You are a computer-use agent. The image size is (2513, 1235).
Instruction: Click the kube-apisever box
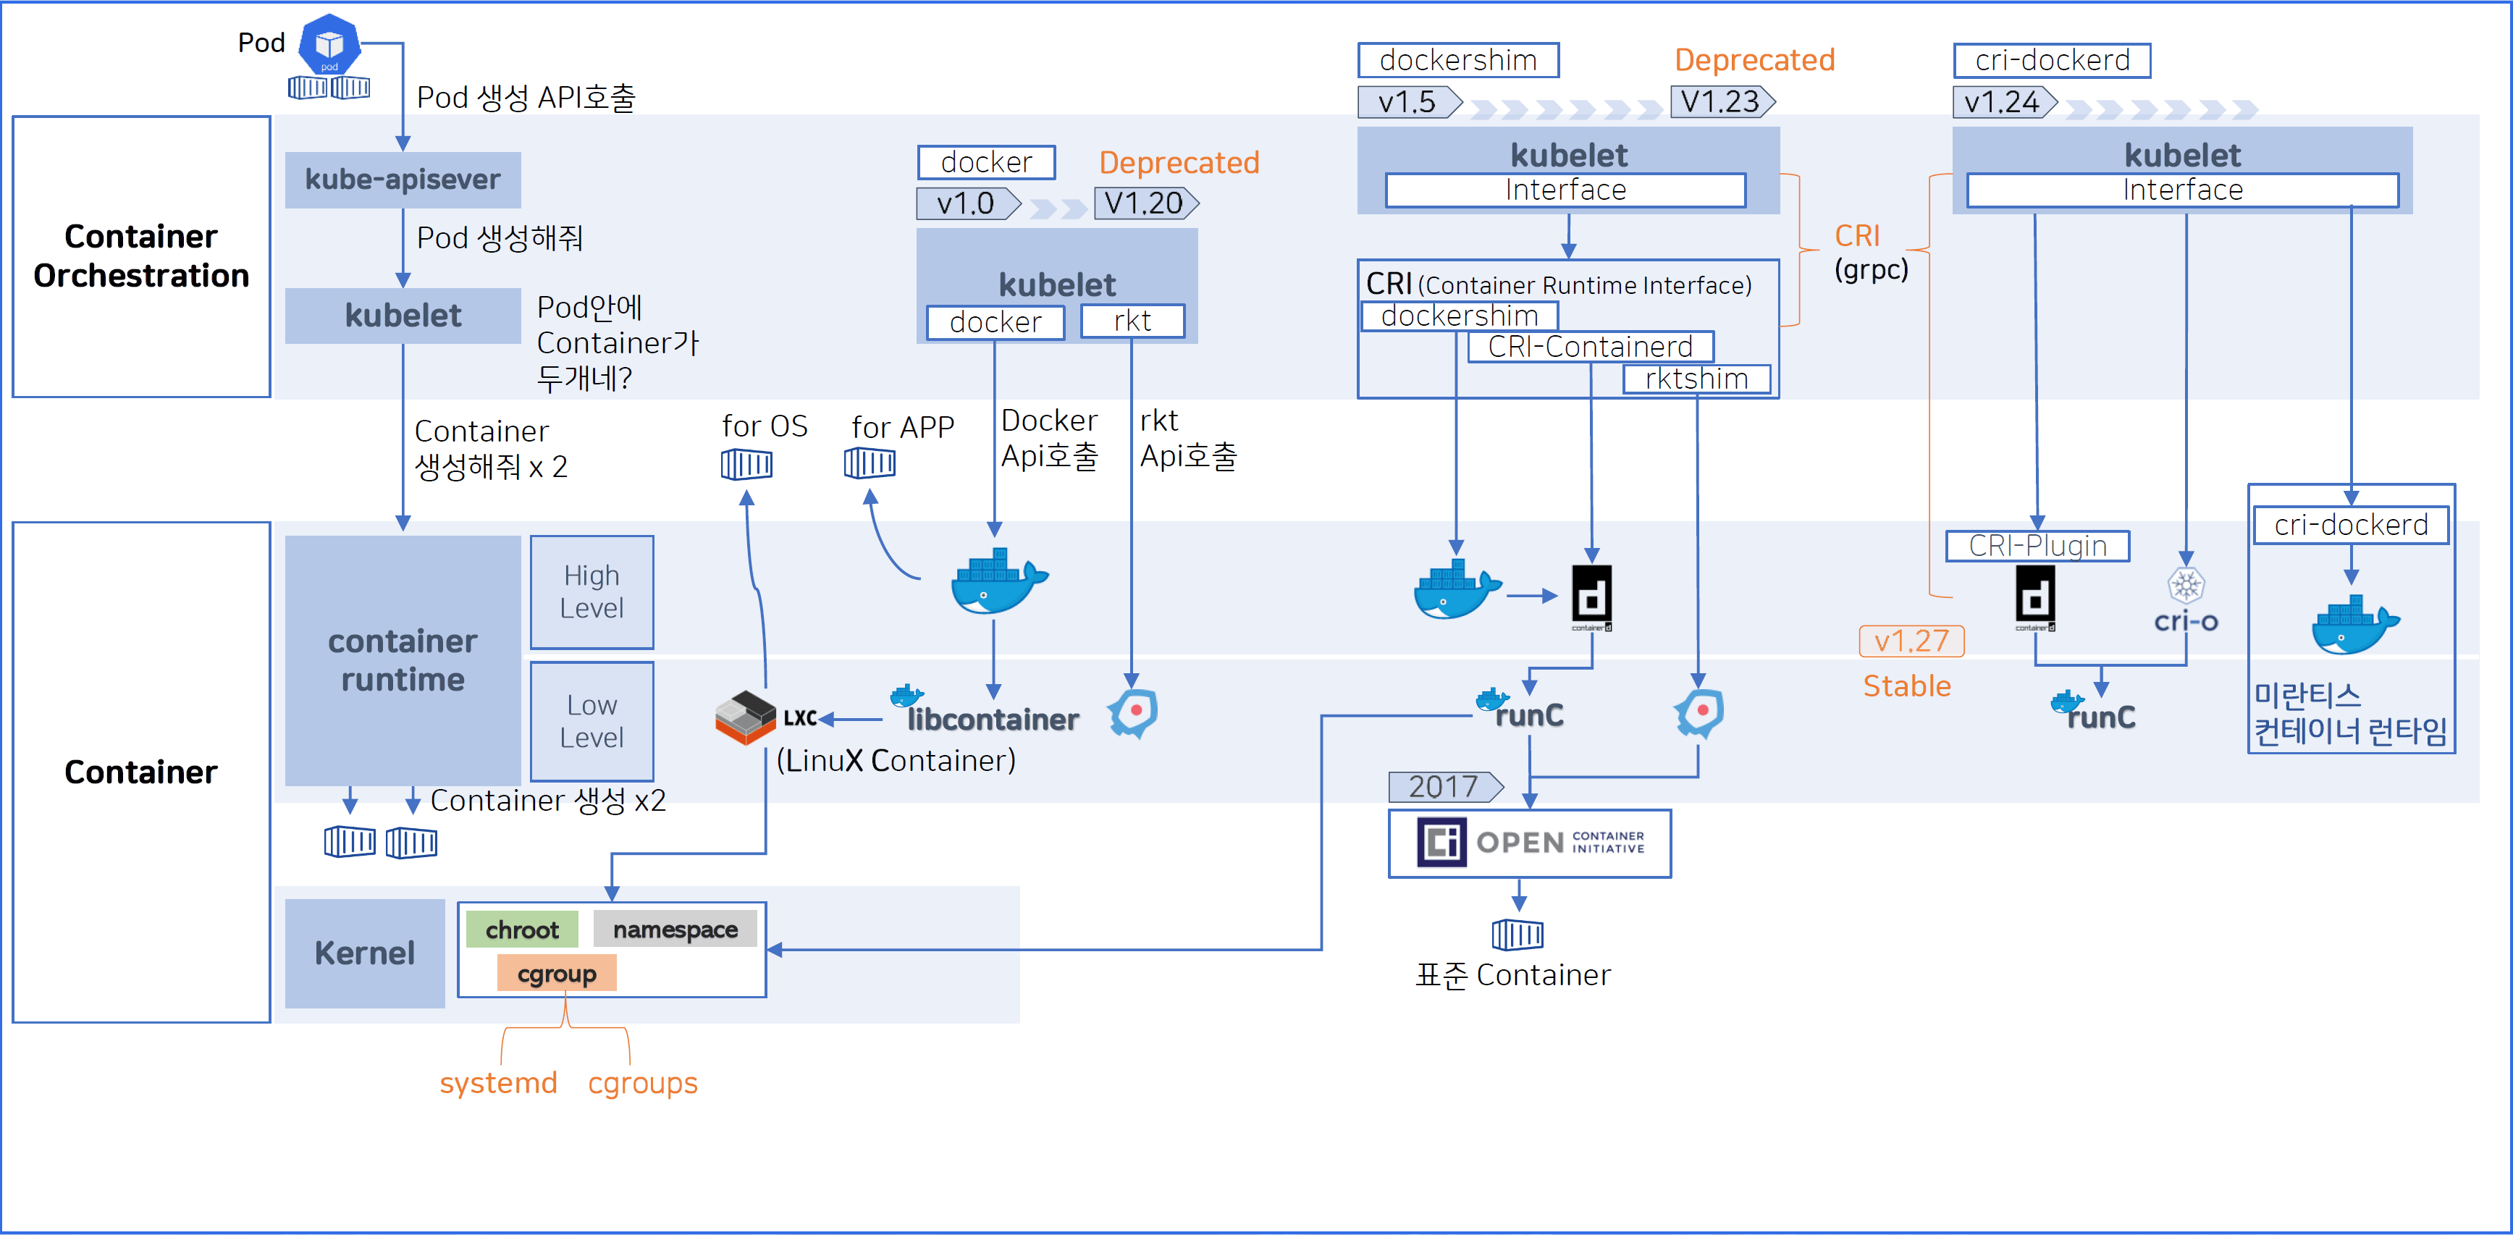click(x=402, y=180)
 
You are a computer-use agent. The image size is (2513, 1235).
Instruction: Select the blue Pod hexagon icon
click(x=329, y=44)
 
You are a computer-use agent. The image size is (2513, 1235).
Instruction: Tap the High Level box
click(x=592, y=591)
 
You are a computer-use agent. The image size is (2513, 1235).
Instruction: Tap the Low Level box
click(x=592, y=721)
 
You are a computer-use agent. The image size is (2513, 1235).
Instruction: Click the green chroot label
click(x=522, y=930)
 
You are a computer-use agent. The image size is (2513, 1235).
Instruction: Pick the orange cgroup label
click(x=556, y=974)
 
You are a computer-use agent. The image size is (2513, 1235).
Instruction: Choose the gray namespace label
click(x=675, y=930)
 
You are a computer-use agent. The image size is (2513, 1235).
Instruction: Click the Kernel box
click(x=364, y=953)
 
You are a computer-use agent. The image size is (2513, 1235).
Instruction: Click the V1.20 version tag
click(x=1143, y=203)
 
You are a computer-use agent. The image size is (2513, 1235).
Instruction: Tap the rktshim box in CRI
click(x=1696, y=379)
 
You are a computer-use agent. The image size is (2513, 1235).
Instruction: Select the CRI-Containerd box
click(x=1589, y=346)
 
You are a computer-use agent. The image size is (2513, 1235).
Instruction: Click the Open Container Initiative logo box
click(x=1528, y=843)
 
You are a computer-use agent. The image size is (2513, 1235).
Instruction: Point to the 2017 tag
click(x=1444, y=786)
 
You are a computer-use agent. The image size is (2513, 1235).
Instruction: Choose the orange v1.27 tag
click(x=1910, y=641)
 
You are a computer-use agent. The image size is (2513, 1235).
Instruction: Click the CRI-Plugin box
click(x=2037, y=545)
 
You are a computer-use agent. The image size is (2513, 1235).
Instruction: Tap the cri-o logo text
click(x=2185, y=621)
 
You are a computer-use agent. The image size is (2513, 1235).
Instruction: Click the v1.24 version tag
click(x=2002, y=102)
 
